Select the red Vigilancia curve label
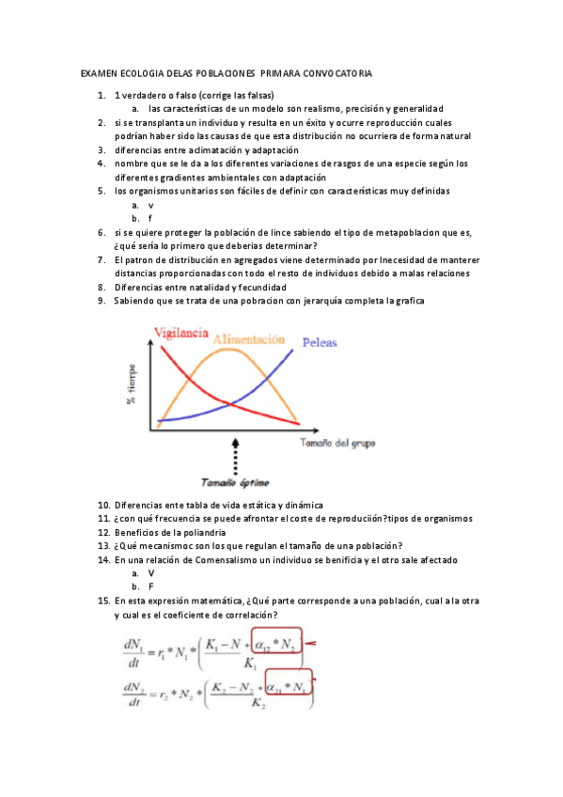tap(180, 333)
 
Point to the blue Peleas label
tap(320, 343)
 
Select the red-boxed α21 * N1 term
tap(289, 688)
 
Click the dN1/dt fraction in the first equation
tap(131, 651)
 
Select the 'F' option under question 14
tap(150, 586)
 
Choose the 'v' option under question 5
tap(150, 204)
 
